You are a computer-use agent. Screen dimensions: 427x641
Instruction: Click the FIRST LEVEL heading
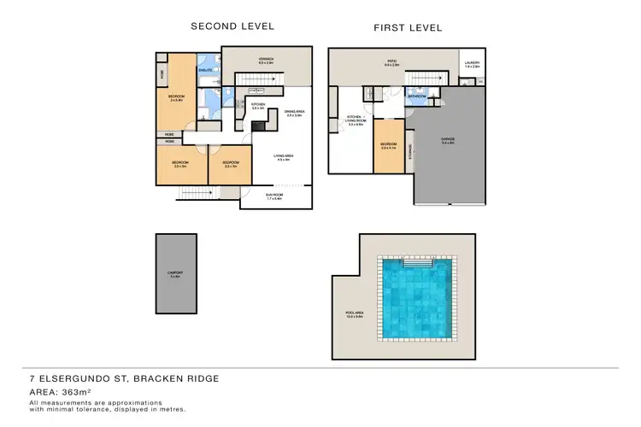(x=408, y=28)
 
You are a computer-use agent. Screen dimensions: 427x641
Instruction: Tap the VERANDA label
(x=266, y=60)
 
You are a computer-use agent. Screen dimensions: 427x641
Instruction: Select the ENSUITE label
(x=206, y=69)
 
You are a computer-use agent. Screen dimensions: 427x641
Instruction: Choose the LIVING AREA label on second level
(x=284, y=156)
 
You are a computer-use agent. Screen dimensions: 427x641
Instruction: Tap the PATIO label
(x=391, y=61)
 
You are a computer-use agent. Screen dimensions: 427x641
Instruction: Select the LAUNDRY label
(x=472, y=62)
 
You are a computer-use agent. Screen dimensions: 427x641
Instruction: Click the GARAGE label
(x=448, y=139)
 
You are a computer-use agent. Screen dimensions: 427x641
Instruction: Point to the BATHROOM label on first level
(x=417, y=97)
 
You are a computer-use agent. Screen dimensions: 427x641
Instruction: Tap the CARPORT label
(x=176, y=273)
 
